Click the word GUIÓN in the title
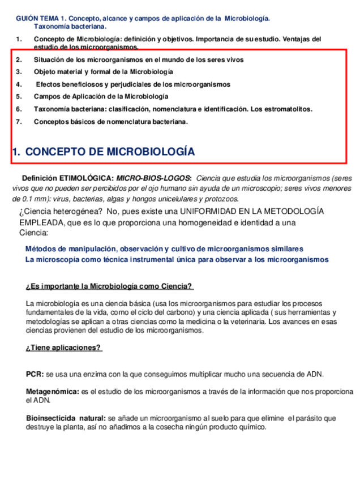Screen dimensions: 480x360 (26, 19)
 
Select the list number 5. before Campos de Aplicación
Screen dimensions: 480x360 (19, 96)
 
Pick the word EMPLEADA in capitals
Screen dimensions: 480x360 (41, 222)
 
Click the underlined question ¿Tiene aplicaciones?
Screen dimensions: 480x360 (63, 348)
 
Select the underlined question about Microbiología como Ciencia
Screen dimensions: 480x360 (109, 286)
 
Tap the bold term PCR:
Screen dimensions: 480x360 (35, 374)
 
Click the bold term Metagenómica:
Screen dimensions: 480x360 (53, 392)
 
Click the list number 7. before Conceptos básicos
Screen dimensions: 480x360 (19, 122)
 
